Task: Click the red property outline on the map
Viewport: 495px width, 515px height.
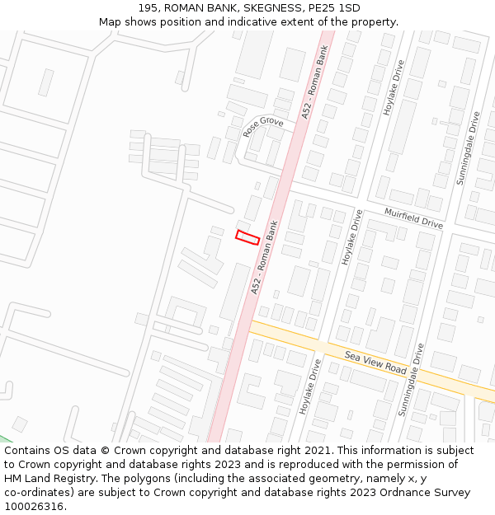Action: pos(247,237)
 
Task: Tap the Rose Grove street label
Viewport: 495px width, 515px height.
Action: pos(263,126)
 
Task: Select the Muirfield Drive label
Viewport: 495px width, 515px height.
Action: pos(414,218)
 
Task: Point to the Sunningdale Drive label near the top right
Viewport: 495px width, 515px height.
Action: pos(468,147)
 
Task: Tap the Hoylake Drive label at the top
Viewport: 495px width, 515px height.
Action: pos(391,86)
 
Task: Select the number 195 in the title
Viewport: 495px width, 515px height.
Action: pos(148,8)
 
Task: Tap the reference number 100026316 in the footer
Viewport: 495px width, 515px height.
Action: pos(35,506)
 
